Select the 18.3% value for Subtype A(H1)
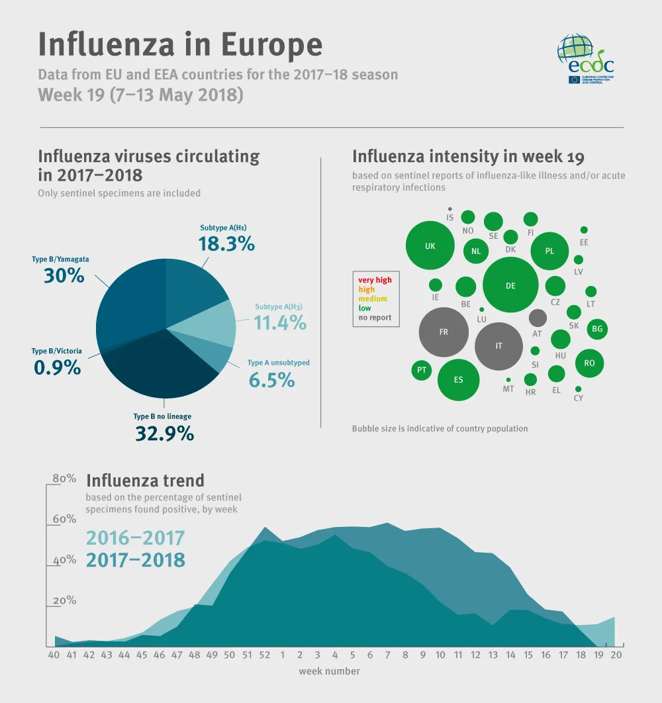pos(227,244)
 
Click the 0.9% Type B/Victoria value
pos(58,367)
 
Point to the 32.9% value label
pos(164,434)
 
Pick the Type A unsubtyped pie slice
pos(212,357)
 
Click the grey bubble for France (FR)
pos(444,332)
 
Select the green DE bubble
pos(510,285)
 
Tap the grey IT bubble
pos(499,346)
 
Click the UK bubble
pos(430,246)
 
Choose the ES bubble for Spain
pos(459,380)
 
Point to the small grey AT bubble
pos(538,318)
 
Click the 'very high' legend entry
pos(375,280)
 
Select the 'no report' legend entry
pos(375,318)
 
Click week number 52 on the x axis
pos(265,655)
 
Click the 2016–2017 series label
pos(135,538)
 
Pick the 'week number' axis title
pos(329,671)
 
